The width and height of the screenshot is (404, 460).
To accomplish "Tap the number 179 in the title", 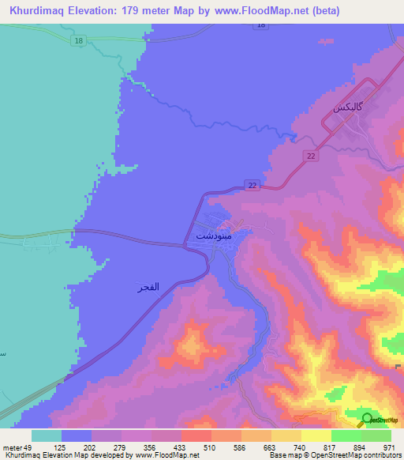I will pyautogui.click(x=134, y=12).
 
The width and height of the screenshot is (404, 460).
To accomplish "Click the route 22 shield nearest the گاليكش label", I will pyautogui.click(x=312, y=156).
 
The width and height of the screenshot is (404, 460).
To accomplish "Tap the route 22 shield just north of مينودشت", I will pyautogui.click(x=252, y=184).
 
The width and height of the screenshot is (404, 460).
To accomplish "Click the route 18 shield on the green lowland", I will pyautogui.click(x=77, y=40).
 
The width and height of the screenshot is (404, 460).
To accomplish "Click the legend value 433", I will pyautogui.click(x=199, y=447).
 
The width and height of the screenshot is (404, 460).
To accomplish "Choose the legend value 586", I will pyautogui.click(x=260, y=447).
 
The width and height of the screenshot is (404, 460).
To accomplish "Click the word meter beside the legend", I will pyautogui.click(x=11, y=447).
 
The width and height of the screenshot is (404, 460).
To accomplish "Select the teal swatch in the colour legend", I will pyautogui.click(x=47, y=435).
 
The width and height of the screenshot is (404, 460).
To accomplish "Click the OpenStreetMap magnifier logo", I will pyautogui.click(x=367, y=419).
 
